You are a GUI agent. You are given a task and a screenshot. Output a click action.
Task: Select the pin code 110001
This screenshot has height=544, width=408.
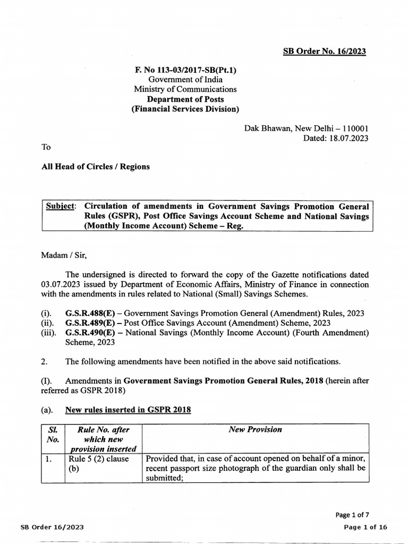(352, 128)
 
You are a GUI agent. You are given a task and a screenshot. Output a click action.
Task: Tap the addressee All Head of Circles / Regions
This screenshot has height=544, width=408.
(96, 167)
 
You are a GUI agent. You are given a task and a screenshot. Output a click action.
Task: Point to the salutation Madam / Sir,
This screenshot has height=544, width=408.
(64, 255)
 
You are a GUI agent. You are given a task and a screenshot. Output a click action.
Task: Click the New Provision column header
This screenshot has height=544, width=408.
(255, 430)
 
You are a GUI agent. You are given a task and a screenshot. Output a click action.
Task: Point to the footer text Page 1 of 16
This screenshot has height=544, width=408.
(366, 526)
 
